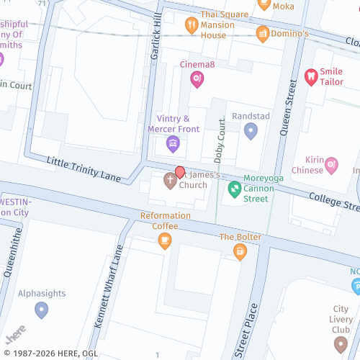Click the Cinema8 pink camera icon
click(x=197, y=80)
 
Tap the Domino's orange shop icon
click(x=263, y=33)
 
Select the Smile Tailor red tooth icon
click(x=311, y=77)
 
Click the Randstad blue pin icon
click(x=251, y=130)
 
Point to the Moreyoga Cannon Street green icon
click(x=234, y=189)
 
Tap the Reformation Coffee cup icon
click(x=165, y=240)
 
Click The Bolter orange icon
click(x=240, y=251)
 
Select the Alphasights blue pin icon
click(x=41, y=310)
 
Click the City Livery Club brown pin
click(x=340, y=343)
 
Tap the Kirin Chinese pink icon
click(x=331, y=165)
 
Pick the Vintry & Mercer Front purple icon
click(x=173, y=144)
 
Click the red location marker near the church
click(x=180, y=172)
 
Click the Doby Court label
click(x=220, y=138)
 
